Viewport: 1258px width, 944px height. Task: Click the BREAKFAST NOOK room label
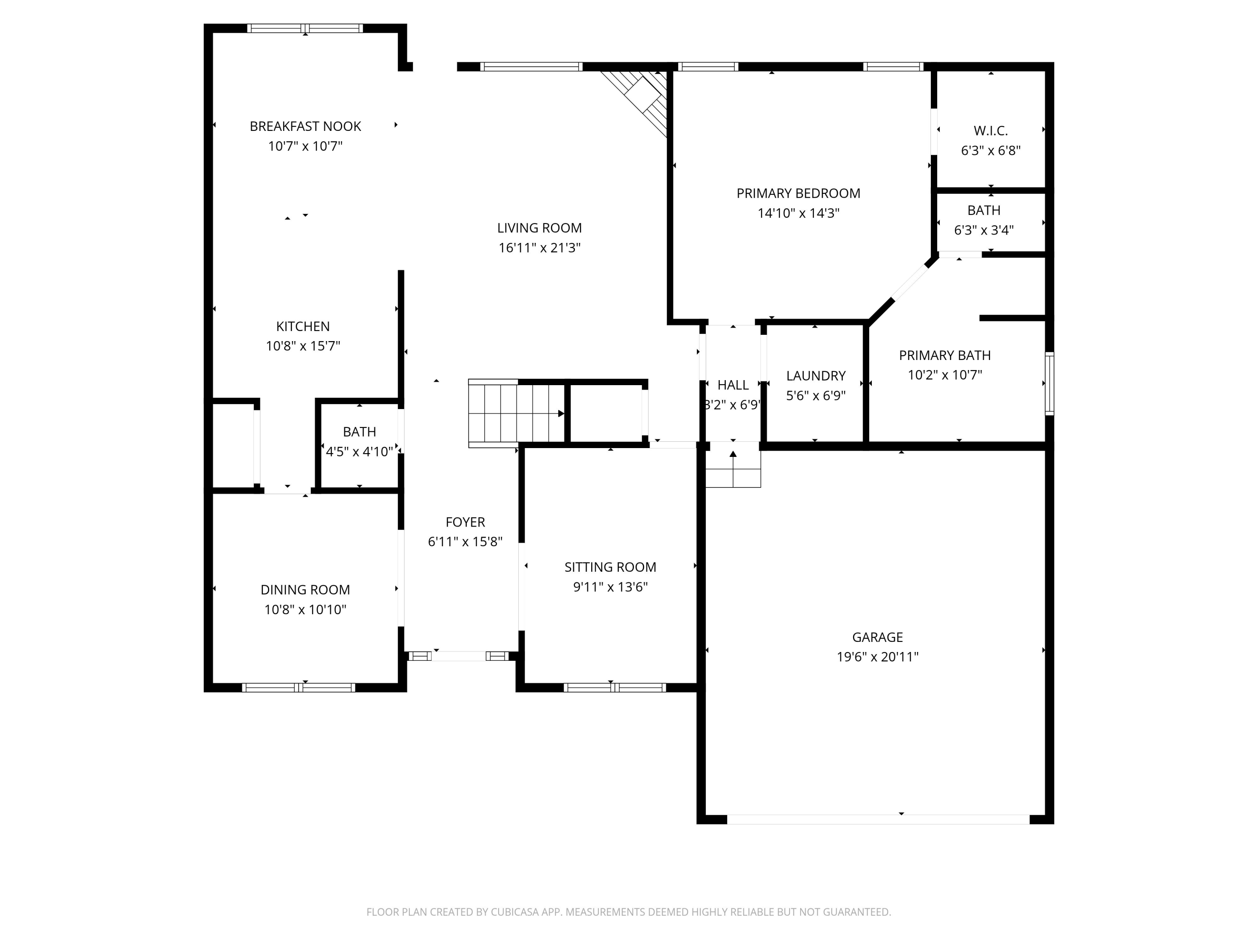305,126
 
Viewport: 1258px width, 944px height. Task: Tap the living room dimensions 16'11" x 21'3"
539,248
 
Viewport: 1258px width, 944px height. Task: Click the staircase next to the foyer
515,414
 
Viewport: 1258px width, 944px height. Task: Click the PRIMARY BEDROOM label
798,193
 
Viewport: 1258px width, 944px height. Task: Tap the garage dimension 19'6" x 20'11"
877,657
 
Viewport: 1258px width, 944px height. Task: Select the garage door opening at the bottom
878,819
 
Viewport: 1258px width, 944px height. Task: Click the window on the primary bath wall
1049,383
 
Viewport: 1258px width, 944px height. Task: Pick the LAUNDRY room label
816,376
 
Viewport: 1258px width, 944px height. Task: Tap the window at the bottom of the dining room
299,687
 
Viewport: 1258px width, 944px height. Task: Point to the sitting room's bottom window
614,687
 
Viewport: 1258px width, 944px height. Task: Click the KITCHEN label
303,326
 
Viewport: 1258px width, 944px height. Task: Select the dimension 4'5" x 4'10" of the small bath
359,452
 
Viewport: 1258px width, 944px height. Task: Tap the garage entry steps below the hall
733,470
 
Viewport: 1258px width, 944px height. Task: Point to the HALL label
733,385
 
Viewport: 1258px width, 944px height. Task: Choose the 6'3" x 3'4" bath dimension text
983,230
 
